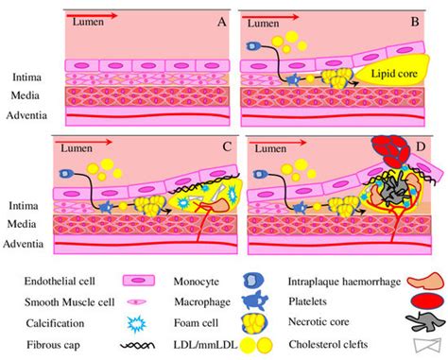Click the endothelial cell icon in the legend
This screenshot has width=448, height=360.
pyautogui.click(x=138, y=280)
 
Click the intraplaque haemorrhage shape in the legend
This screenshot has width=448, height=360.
pyautogui.click(x=425, y=280)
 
